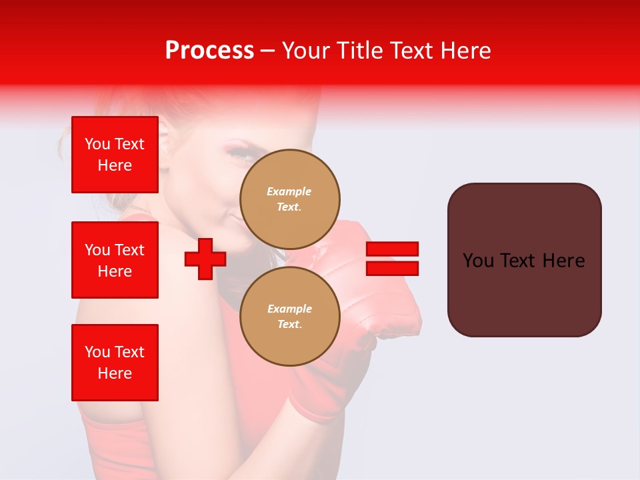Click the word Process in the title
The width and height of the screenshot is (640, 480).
[209, 51]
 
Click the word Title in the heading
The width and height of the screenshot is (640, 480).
[359, 51]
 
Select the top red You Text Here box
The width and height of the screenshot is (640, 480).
[115, 155]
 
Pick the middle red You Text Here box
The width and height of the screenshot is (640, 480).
[115, 260]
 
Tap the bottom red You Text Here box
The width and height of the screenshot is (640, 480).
[115, 363]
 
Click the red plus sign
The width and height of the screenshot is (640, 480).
[205, 259]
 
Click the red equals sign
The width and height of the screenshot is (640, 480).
[392, 259]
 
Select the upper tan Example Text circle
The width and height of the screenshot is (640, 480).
[289, 199]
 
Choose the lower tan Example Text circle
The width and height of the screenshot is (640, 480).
[289, 317]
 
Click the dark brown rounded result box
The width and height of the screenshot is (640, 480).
[524, 260]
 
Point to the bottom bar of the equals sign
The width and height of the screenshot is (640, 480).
[392, 268]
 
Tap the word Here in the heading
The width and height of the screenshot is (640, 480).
[465, 51]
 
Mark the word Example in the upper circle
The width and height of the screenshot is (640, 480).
[289, 192]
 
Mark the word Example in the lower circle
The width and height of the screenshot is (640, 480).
[289, 309]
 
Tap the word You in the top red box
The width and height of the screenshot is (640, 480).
[97, 144]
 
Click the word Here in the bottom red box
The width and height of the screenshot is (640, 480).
[115, 373]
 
